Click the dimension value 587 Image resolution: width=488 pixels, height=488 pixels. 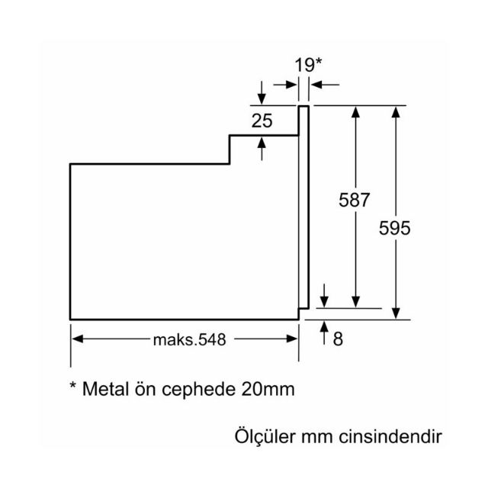355,201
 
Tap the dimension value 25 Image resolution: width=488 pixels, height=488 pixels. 262,120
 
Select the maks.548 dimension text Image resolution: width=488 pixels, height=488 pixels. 188,340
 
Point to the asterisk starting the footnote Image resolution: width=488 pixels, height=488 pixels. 73,386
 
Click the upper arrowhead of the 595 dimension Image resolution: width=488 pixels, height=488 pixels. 396,111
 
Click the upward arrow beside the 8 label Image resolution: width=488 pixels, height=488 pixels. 326,330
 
